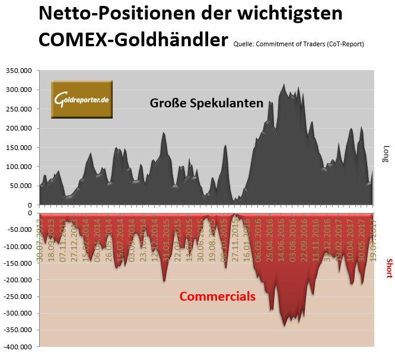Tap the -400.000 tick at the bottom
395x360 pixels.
click(x=18, y=347)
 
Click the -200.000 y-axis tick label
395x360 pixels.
click(x=18, y=280)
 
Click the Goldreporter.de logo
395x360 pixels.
click(x=82, y=100)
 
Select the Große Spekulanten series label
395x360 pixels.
click(x=207, y=103)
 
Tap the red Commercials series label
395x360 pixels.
click(x=217, y=296)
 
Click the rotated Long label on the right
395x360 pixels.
click(x=386, y=154)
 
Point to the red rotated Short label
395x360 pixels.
click(x=389, y=269)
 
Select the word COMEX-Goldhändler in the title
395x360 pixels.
click(x=133, y=39)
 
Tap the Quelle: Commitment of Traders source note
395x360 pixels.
click(x=299, y=43)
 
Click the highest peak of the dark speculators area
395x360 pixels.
click(x=284, y=84)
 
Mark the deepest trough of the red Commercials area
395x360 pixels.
click(x=285, y=326)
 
